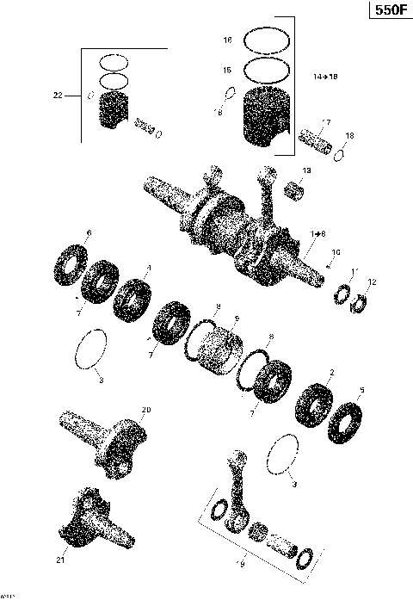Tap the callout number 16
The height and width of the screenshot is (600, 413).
coord(227,40)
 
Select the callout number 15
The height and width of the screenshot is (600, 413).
coord(227,70)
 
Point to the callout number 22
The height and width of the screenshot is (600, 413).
coord(58,96)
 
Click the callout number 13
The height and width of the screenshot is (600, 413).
coord(307,171)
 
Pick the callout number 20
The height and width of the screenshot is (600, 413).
coord(145,410)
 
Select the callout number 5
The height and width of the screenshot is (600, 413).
coord(361,390)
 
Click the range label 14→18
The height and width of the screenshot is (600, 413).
coord(325,77)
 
